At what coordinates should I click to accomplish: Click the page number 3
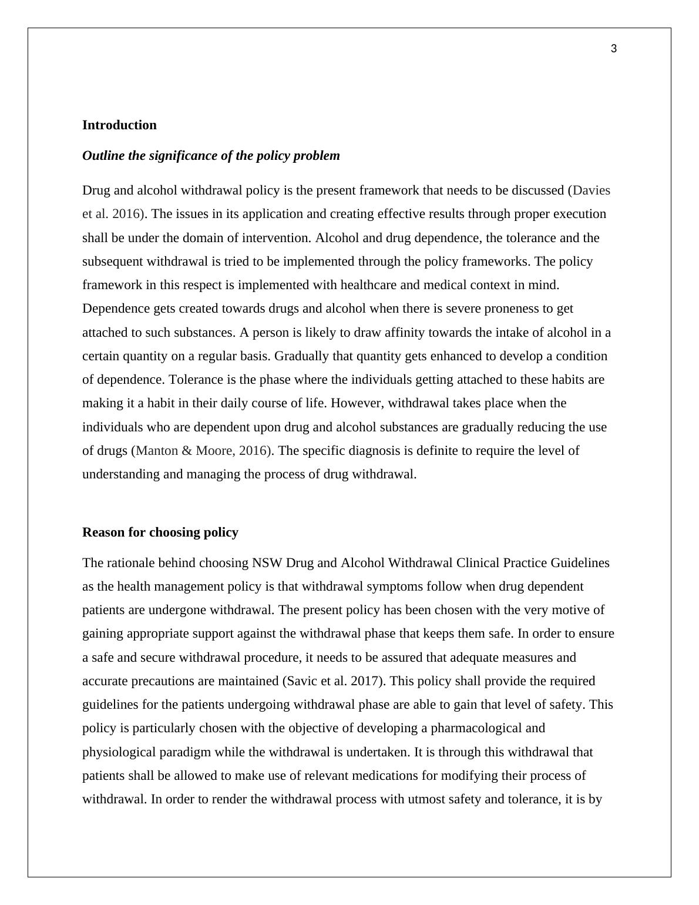(614, 49)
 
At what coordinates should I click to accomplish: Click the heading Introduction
(119, 125)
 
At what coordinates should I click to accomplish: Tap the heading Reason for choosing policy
(160, 532)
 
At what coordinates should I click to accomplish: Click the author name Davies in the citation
(592, 190)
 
